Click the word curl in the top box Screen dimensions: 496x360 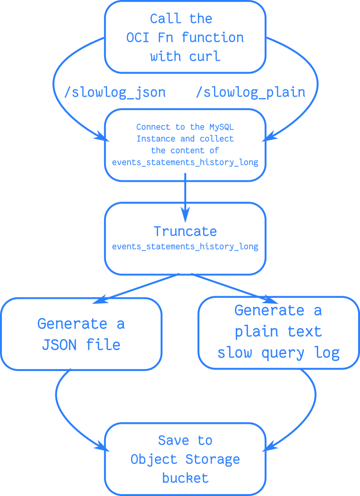click(205, 56)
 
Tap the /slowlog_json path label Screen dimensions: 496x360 click(115, 92)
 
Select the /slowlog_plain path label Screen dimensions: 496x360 click(250, 92)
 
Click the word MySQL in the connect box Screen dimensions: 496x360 click(222, 127)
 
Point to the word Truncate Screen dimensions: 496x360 click(185, 231)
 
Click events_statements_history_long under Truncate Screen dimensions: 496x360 click(185, 247)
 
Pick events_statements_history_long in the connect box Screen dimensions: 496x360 click(185, 162)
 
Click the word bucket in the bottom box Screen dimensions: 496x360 click(185, 478)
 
